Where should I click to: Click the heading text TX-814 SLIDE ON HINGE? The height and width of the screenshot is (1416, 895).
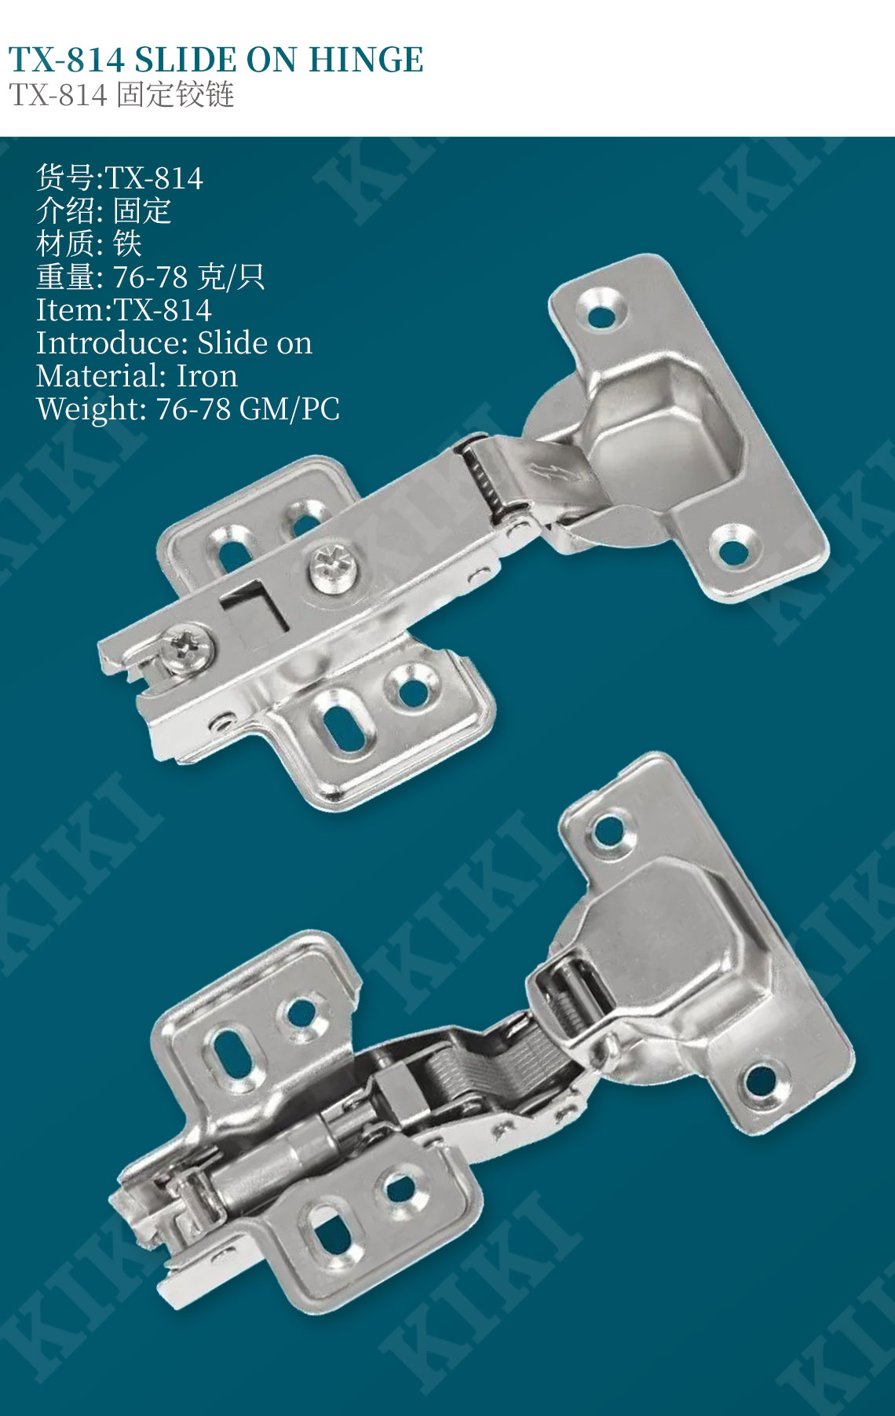click(216, 60)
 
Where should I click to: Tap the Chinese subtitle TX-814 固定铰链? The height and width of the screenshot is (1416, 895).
click(122, 95)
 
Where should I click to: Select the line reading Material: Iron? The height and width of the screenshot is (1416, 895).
click(137, 376)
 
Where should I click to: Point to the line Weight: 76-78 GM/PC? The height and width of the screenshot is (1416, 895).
click(188, 409)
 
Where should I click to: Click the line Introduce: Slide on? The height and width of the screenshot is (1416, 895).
click(174, 343)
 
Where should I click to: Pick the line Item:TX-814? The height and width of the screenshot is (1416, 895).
click(124, 310)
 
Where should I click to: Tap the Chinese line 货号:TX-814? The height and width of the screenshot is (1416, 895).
click(119, 178)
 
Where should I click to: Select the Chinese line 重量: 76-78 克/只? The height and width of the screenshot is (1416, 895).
click(150, 277)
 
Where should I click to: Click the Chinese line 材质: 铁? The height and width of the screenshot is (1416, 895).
click(89, 244)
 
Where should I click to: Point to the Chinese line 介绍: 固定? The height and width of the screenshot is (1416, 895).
click(104, 211)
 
